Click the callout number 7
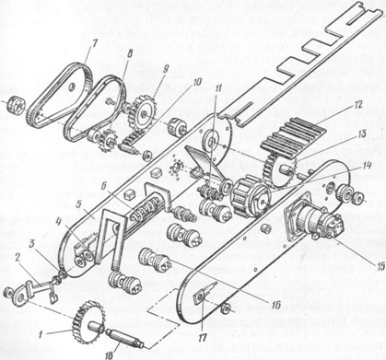tap(94, 43)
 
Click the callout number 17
tap(202, 337)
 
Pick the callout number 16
tap(275, 305)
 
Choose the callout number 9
tap(167, 69)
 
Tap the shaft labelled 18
tap(123, 339)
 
